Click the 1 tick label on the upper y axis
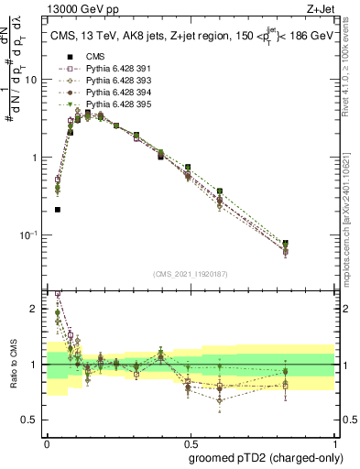point(34,158)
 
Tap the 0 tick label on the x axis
point(46,428)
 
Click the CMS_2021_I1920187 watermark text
point(190,273)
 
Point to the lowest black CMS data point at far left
point(58,210)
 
